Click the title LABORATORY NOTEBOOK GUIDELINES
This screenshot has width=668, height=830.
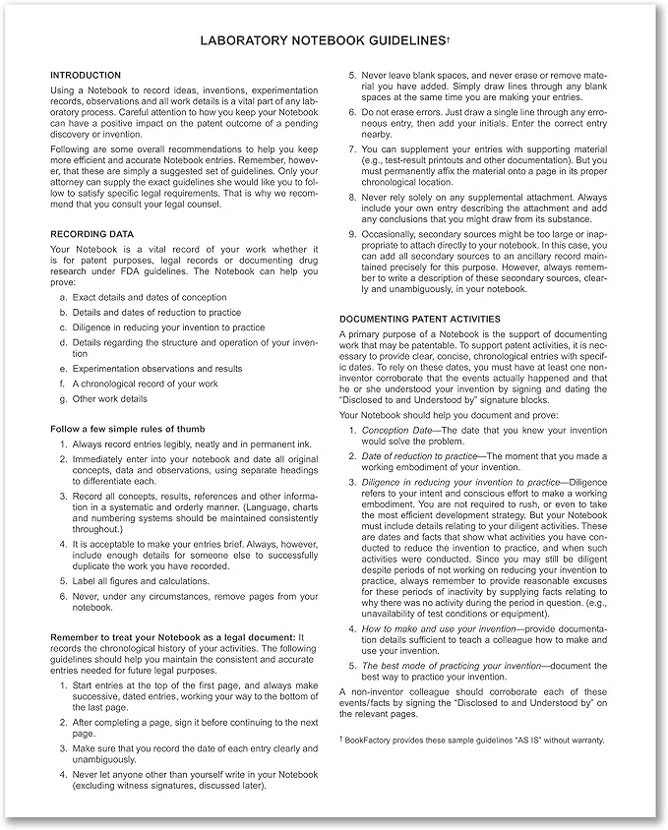(x=322, y=40)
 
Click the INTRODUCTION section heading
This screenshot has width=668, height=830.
(x=86, y=76)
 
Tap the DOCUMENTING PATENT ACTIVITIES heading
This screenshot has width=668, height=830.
(x=420, y=320)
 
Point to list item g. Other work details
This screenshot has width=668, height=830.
(x=109, y=399)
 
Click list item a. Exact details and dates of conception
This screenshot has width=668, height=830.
(x=152, y=296)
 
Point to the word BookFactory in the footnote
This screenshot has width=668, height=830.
(x=371, y=740)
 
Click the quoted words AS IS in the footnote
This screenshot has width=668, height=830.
(x=527, y=740)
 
